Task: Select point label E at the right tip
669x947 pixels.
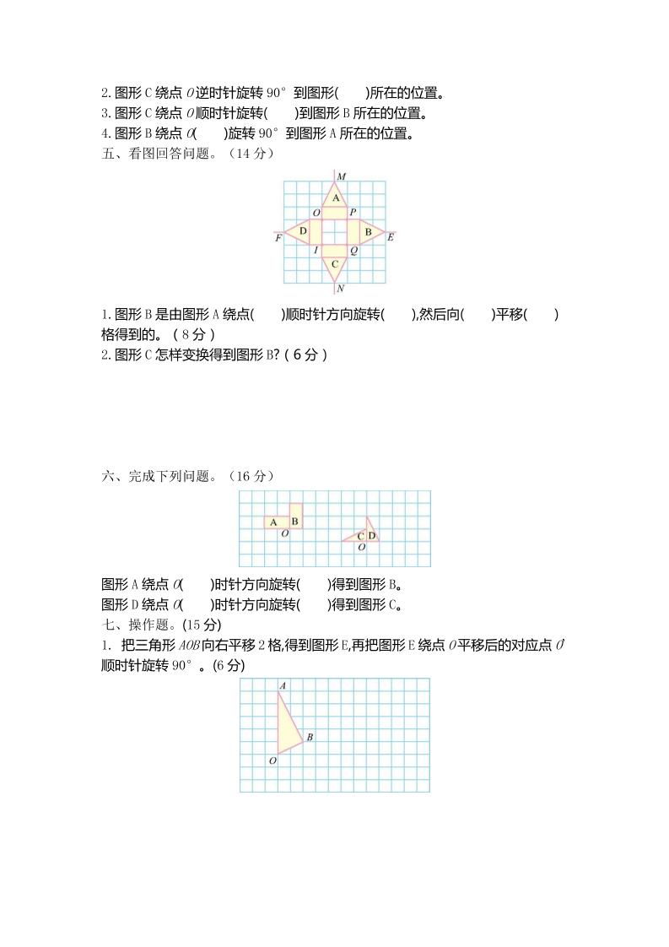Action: click(390, 238)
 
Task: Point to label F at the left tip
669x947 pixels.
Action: click(278, 239)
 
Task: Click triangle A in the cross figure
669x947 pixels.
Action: click(335, 198)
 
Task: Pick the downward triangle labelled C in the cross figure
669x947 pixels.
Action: click(335, 264)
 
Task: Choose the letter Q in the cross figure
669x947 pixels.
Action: click(353, 251)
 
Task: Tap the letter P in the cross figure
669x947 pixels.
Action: click(353, 213)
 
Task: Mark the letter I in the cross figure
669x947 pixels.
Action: click(316, 251)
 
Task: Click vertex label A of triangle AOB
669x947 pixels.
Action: click(282, 685)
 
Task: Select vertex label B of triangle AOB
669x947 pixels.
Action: click(310, 738)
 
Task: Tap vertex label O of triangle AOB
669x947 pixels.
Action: click(272, 760)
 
